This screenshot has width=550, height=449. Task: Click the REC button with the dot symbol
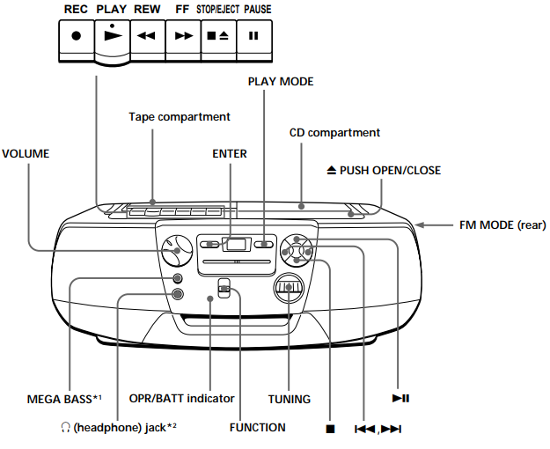pyautogui.click(x=76, y=37)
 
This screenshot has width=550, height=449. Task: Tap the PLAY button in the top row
pyautogui.click(x=111, y=38)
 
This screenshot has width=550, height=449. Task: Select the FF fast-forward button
pyautogui.click(x=183, y=37)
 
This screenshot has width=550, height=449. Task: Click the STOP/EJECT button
pyautogui.click(x=218, y=37)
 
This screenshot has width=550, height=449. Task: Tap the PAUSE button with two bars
pyautogui.click(x=254, y=37)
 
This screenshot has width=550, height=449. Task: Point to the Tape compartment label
pyautogui.click(x=180, y=116)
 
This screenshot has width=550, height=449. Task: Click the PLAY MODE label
pyautogui.click(x=281, y=81)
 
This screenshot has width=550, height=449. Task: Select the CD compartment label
pyautogui.click(x=334, y=133)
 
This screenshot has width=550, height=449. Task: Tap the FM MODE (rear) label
pyautogui.click(x=502, y=224)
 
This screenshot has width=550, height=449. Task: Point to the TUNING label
pyautogui.click(x=289, y=400)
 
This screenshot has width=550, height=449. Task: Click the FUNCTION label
pyautogui.click(x=257, y=428)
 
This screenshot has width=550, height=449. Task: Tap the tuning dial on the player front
pyautogui.click(x=289, y=287)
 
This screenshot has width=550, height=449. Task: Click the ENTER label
pyautogui.click(x=230, y=153)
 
